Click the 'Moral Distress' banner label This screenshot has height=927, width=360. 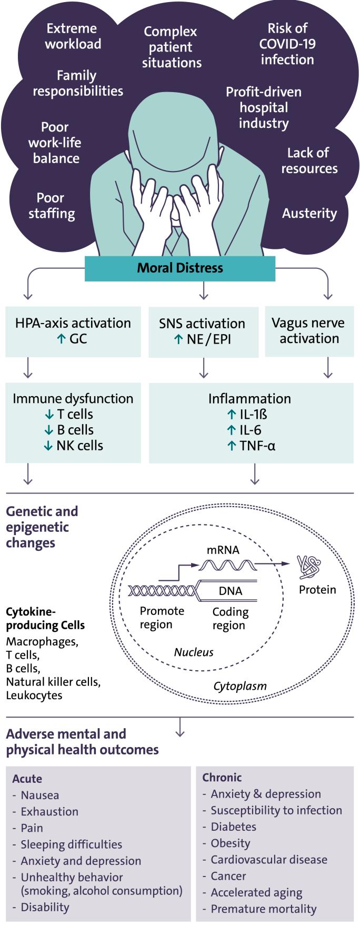click(180, 268)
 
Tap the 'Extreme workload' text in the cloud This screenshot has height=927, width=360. click(73, 36)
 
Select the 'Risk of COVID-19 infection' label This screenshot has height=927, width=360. click(287, 44)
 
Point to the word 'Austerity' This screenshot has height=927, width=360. click(309, 213)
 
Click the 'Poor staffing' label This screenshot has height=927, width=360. click(52, 206)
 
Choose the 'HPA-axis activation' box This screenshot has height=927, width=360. click(73, 331)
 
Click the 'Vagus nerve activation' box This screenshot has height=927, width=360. click(309, 331)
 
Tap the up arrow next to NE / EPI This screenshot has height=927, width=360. click(178, 339)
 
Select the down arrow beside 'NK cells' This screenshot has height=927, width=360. click(48, 446)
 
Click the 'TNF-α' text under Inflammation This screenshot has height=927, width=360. click(257, 446)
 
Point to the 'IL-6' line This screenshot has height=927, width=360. click(250, 430)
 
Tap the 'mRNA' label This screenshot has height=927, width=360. click(223, 550)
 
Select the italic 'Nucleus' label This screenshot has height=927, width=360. click(194, 652)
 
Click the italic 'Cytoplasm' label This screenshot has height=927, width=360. click(240, 686)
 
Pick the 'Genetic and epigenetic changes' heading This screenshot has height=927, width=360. click(42, 527)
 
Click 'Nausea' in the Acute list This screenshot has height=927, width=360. click(39, 795)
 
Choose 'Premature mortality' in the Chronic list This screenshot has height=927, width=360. click(263, 909)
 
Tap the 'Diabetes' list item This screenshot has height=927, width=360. click(233, 827)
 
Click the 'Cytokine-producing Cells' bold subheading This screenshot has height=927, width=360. click(45, 619)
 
